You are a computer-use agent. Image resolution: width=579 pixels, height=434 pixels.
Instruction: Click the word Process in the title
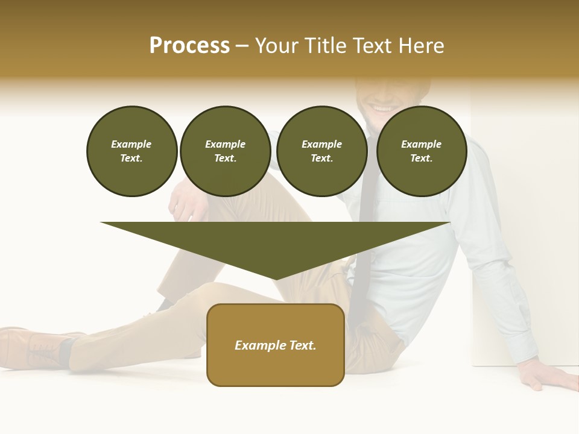(189, 46)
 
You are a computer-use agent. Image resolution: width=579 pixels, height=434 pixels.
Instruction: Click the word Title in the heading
(322, 46)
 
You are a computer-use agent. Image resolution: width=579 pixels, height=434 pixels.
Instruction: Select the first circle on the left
(132, 151)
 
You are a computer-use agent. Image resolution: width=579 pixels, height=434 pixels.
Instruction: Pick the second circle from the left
(226, 151)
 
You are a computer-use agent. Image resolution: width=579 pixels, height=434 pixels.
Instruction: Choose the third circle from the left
(322, 151)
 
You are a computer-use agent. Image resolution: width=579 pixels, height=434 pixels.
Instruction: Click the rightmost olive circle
(422, 151)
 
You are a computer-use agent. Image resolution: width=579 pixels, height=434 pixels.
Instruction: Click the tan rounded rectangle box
(276, 368)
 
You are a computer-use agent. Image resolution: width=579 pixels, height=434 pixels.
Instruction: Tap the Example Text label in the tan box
(276, 345)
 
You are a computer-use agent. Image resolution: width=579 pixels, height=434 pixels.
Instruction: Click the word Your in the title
(276, 46)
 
